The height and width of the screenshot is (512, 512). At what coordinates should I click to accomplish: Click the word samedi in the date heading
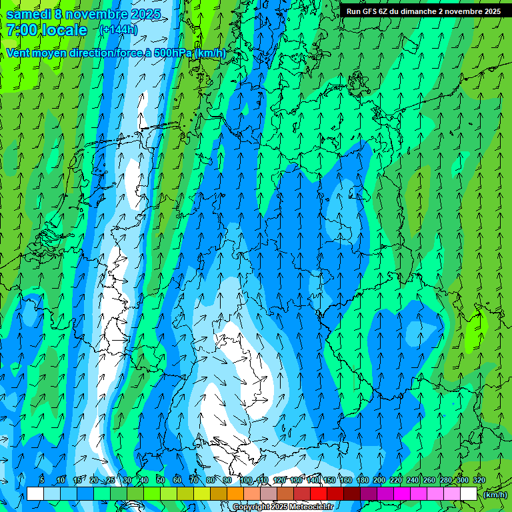28,14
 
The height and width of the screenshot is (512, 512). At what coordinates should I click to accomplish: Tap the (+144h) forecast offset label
118,30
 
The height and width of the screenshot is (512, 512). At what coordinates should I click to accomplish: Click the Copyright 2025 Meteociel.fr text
283,507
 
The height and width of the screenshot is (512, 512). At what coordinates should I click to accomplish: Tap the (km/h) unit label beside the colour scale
495,495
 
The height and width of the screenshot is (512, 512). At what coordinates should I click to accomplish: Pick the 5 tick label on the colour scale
42,480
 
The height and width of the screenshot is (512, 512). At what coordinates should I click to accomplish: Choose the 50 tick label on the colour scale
161,480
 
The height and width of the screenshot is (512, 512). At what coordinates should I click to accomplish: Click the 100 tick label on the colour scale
246,480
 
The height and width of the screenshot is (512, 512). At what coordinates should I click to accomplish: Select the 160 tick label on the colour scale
346,480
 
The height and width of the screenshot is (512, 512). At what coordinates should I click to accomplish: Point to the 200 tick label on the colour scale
379,480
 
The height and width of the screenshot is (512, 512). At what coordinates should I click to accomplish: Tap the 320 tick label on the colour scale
479,480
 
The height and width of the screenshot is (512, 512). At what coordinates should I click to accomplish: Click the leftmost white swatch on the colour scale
35,494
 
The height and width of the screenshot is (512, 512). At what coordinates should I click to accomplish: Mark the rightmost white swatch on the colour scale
469,494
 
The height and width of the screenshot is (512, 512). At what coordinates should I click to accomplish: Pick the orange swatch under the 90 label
235,494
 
